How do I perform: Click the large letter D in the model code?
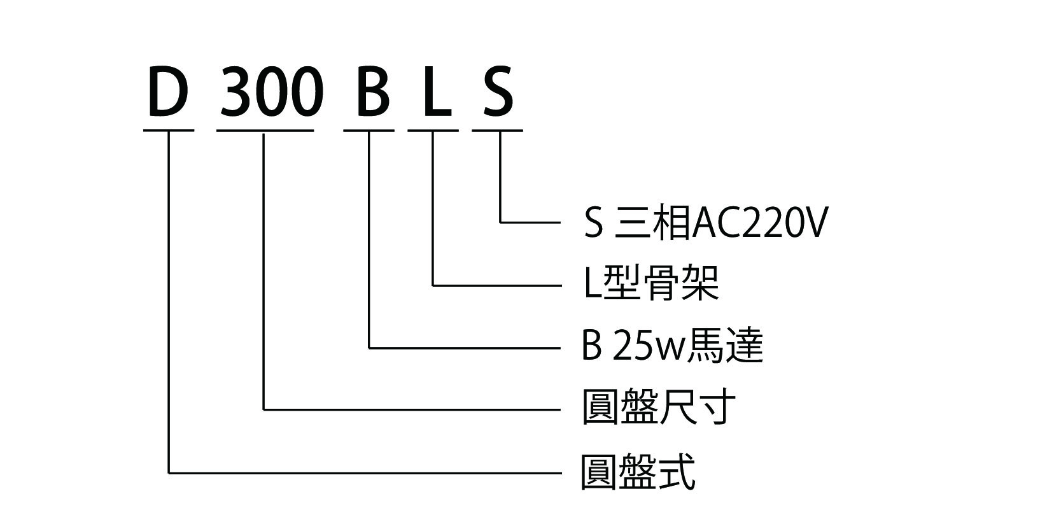pyautogui.click(x=168, y=92)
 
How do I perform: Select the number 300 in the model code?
pyautogui.click(x=268, y=92)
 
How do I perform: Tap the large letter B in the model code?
pyautogui.click(x=372, y=92)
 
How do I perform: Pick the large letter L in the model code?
pyautogui.click(x=437, y=92)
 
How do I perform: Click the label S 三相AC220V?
pyautogui.click(x=705, y=223)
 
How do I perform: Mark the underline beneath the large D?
pyautogui.click(x=169, y=131)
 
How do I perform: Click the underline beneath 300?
pyautogui.click(x=265, y=131)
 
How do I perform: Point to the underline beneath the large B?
pyautogui.click(x=369, y=131)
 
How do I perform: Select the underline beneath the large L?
pyautogui.click(x=433, y=131)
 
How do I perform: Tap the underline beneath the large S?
pyautogui.click(x=498, y=131)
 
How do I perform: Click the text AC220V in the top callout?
pyautogui.click(x=759, y=223)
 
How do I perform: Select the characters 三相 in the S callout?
pyautogui.click(x=652, y=223)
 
